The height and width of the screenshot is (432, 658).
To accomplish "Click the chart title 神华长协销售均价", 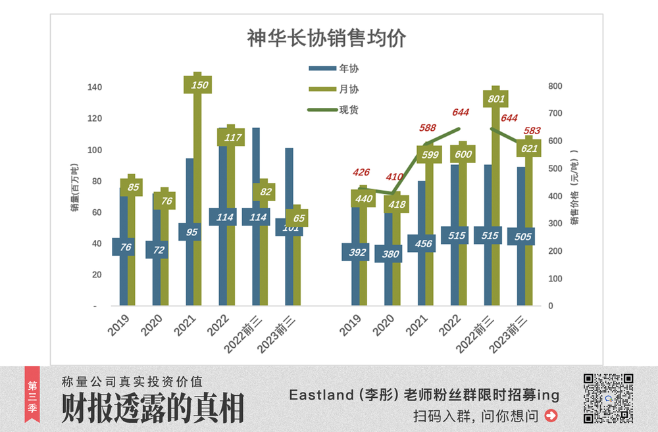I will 326,37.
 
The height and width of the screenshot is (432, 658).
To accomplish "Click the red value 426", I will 361,173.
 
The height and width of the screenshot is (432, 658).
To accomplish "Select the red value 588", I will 428,128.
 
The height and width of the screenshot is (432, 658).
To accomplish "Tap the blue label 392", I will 358,252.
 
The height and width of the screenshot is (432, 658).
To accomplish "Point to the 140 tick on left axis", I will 95,87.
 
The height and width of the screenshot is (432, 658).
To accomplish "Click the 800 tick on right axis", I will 555,86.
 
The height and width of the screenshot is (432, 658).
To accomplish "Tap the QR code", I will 609,397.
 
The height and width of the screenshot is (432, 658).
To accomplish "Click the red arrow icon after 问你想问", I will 551,416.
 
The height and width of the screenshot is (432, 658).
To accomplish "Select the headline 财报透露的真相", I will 153,408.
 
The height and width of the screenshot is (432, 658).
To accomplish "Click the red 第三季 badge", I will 32,397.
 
